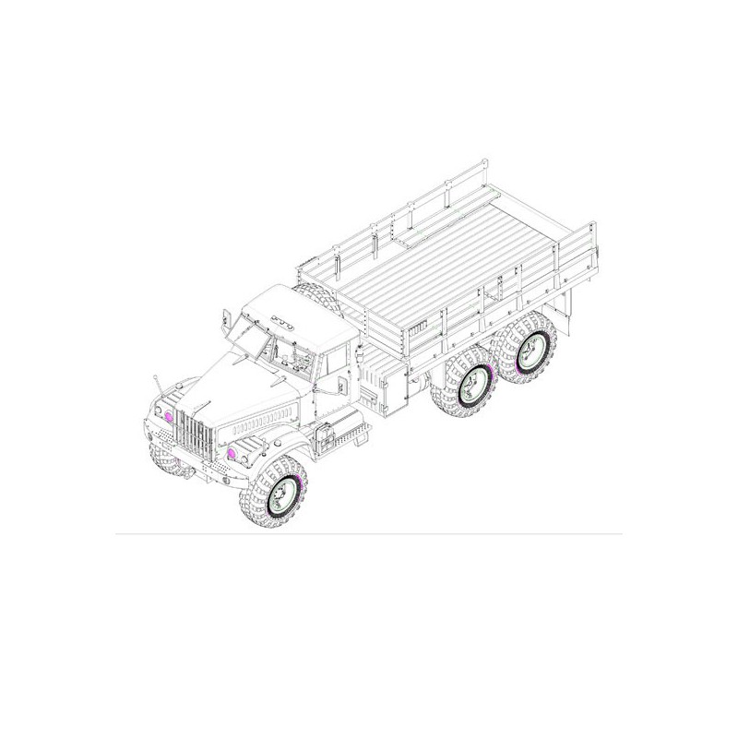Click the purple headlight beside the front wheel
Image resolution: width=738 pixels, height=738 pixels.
click(232, 456)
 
